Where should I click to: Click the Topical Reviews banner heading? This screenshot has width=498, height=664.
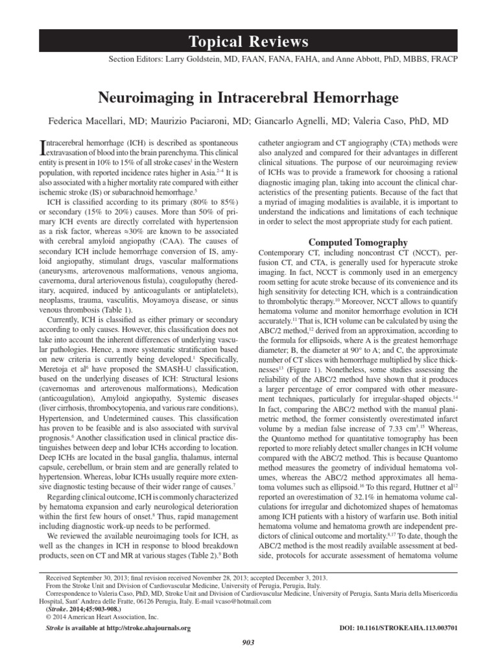click(x=249, y=42)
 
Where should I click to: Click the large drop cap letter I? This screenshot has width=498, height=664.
click(x=44, y=147)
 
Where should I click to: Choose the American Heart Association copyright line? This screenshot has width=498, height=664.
click(x=99, y=617)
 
